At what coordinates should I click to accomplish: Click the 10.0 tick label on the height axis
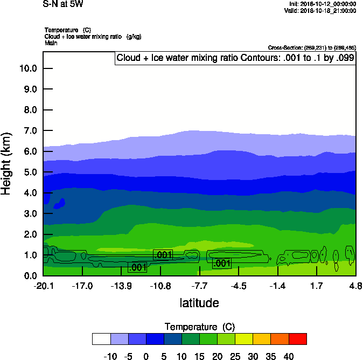(x=27, y=68)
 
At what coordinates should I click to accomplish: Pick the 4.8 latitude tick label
(x=355, y=286)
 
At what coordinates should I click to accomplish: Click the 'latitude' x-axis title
(x=199, y=303)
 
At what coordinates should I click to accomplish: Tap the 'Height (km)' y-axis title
(x=7, y=164)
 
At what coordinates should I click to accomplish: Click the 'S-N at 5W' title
(x=63, y=4)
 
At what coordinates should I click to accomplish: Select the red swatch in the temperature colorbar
(x=297, y=339)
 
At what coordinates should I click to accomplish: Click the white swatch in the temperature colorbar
(x=101, y=339)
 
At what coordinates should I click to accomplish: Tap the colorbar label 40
(x=288, y=356)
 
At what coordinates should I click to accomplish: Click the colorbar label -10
(x=110, y=356)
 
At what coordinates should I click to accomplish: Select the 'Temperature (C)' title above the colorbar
(x=200, y=327)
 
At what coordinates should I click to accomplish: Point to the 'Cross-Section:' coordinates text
(x=312, y=48)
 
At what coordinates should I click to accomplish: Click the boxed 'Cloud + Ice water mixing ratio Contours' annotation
(x=235, y=58)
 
